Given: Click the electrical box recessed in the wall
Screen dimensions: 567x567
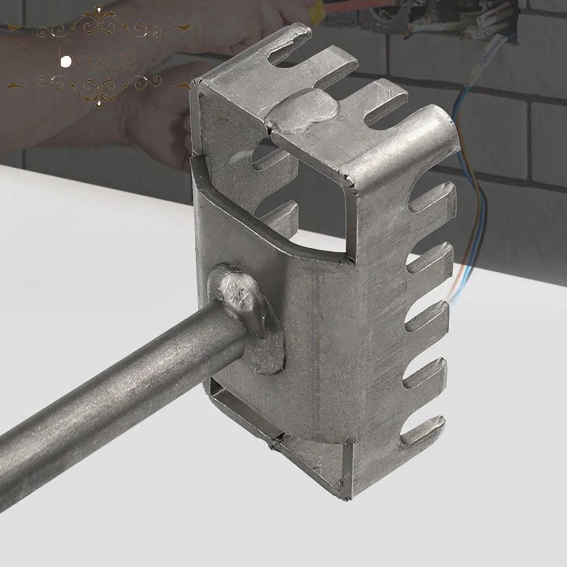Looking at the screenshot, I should (x=454, y=17).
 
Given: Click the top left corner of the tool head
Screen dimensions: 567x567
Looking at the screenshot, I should (x=196, y=85).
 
